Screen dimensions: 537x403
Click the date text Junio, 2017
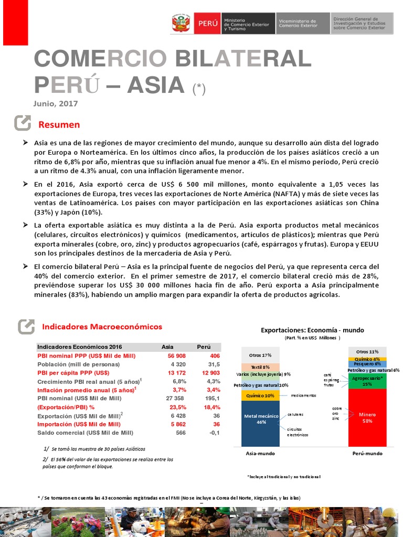point(56,104)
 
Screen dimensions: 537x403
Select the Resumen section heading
point(59,124)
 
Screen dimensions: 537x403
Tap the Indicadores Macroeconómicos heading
point(102,327)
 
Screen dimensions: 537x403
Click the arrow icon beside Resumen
point(23,123)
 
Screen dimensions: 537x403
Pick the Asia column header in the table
point(167,347)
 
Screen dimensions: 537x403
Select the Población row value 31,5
point(213,364)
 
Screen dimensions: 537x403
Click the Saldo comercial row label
point(85,433)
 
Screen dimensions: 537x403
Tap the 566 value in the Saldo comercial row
point(181,433)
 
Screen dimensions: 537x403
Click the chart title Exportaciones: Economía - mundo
point(312,330)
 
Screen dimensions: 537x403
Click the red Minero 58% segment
point(367,417)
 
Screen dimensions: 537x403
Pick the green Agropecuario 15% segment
point(367,381)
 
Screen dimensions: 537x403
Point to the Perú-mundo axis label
point(366,453)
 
